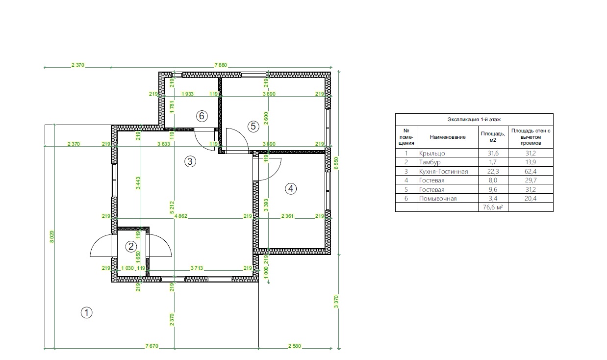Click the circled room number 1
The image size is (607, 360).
(86, 312)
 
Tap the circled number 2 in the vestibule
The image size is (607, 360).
(131, 247)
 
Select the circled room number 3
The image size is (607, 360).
(190, 161)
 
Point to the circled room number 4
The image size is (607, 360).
(291, 189)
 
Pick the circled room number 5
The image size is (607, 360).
(253, 127)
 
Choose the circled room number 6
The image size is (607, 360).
(202, 116)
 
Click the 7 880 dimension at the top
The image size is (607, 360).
(221, 65)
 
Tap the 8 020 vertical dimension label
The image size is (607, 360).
(52, 237)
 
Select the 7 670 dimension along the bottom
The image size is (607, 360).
(152, 346)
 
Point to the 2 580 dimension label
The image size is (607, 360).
(295, 346)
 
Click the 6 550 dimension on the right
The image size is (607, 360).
(336, 163)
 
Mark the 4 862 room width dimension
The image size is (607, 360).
(181, 216)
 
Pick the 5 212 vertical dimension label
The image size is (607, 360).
(172, 207)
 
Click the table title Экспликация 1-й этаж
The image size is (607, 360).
(474, 119)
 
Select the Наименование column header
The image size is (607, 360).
(448, 137)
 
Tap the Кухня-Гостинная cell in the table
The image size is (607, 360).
(443, 171)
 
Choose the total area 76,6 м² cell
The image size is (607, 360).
(493, 207)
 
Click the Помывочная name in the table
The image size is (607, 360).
(438, 199)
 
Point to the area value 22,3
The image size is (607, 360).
(493, 171)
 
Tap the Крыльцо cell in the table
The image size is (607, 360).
(432, 154)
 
